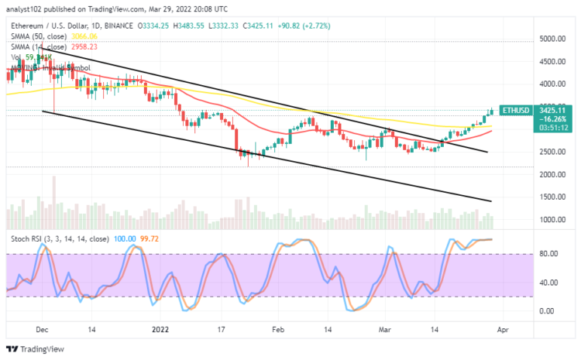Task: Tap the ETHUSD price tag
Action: [515, 111]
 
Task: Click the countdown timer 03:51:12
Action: [516, 128]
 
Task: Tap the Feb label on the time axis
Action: [277, 328]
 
